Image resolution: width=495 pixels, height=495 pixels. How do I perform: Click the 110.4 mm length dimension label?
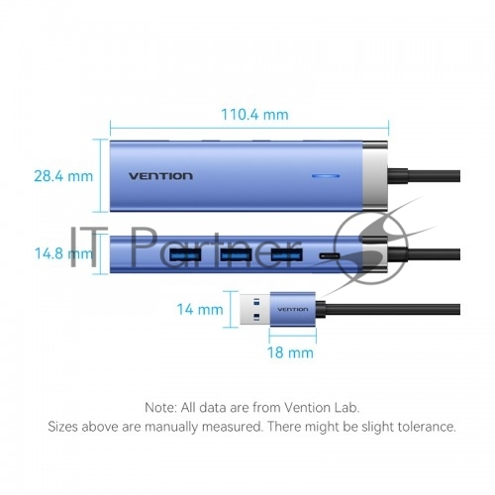point(254,115)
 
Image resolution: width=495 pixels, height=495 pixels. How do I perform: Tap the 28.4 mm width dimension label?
point(63,176)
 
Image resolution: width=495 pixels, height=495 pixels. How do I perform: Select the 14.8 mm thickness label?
point(63,253)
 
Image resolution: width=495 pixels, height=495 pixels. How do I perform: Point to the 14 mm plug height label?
point(200,309)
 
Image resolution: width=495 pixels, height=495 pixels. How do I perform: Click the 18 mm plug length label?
point(290,352)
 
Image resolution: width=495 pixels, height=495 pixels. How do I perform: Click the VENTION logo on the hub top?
point(160,176)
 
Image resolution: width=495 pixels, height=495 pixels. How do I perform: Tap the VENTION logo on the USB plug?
point(293,310)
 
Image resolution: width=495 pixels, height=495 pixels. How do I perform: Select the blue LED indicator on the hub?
point(326,176)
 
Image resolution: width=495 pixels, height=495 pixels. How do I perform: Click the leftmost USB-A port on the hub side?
point(185,254)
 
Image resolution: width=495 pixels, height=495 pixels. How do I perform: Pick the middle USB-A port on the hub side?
point(236,254)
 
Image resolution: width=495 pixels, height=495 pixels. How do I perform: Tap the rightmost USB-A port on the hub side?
point(287,254)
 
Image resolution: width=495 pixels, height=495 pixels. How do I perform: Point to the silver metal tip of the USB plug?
point(254,309)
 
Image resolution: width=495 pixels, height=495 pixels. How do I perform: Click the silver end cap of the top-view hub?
point(375,176)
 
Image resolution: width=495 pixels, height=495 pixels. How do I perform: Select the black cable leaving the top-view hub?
point(424,176)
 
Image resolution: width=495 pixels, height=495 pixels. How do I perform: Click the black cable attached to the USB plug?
point(388,309)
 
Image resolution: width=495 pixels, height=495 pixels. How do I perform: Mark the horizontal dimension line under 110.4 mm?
point(249,128)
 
